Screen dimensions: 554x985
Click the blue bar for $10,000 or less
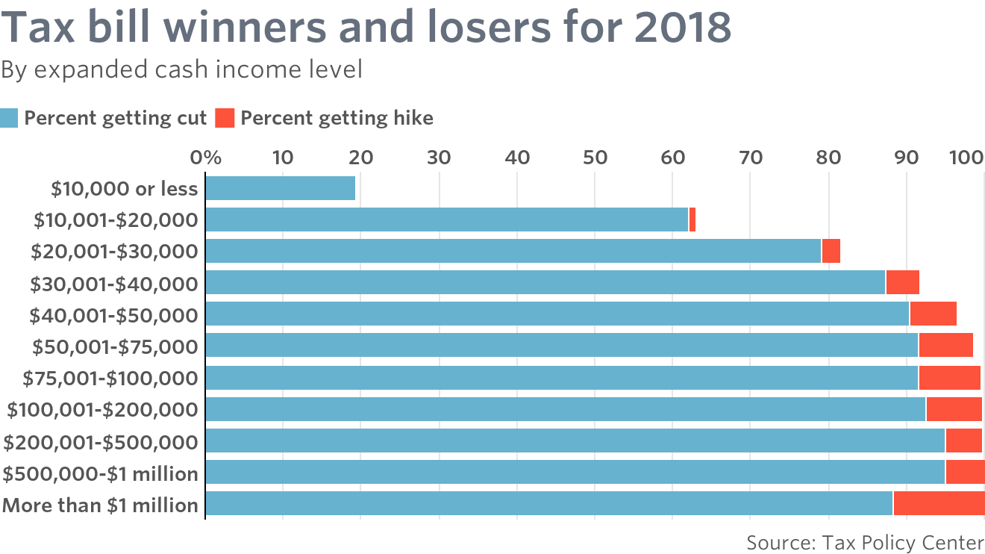tap(280, 189)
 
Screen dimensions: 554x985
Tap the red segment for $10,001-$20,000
tap(692, 220)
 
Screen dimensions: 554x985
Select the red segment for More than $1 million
tap(939, 504)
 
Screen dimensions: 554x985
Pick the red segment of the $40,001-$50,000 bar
tap(933, 314)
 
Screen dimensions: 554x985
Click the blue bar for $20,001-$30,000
tap(513, 252)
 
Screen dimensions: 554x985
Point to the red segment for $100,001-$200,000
tap(954, 409)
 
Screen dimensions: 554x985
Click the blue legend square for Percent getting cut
tap(9, 118)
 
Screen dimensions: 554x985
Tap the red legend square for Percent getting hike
tap(225, 118)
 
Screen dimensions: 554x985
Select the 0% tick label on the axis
tap(206, 158)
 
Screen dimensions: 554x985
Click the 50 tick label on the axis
tap(594, 158)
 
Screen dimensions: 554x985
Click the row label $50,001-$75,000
tap(115, 346)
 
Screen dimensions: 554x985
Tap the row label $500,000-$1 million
tap(101, 473)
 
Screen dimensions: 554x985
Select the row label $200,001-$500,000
tap(101, 442)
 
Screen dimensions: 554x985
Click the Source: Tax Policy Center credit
tap(865, 541)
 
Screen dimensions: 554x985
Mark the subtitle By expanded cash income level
tap(181, 70)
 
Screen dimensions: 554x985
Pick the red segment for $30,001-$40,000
tap(902, 283)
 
